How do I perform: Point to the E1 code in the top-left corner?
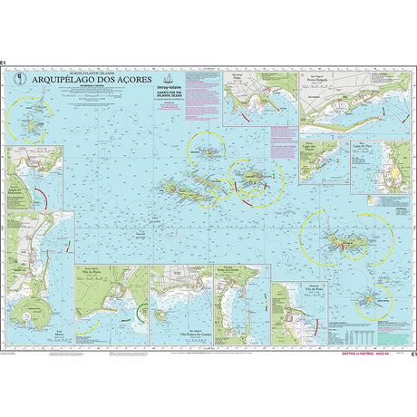coord(4,63)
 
